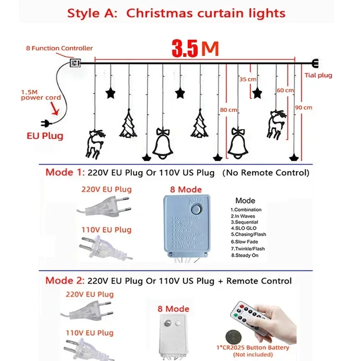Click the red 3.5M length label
point(195,49)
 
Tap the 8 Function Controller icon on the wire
point(75,63)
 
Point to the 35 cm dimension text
point(248,79)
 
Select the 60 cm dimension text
point(285,90)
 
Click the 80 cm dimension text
point(229,109)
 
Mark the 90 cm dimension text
point(303,108)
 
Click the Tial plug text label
point(318,75)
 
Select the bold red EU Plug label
point(44,135)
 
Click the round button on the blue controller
point(197,209)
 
